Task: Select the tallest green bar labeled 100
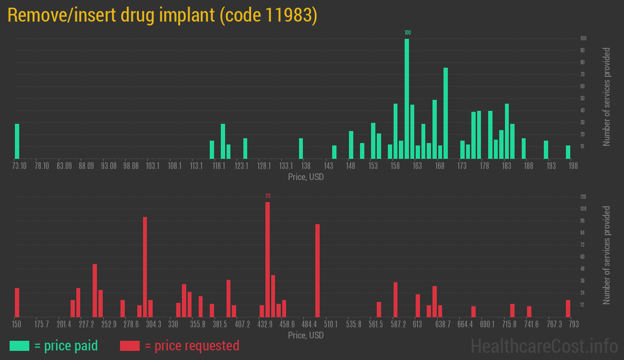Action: tap(407, 98)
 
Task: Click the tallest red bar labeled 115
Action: tap(267, 259)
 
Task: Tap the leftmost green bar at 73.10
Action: tap(17, 141)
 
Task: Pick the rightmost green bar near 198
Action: tap(568, 152)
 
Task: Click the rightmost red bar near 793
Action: tap(568, 308)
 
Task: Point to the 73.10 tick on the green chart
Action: tap(20, 166)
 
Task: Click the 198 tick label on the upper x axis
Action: tap(573, 166)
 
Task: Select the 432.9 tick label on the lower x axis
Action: tap(264, 324)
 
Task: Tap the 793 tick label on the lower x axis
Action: tap(573, 324)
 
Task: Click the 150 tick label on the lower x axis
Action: tap(17, 324)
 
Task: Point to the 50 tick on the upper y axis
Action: tap(583, 98)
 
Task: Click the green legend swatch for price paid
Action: tap(19, 346)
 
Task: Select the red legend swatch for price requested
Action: tap(130, 346)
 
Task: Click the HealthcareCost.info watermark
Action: tap(544, 346)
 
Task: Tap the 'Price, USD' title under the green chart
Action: tap(306, 177)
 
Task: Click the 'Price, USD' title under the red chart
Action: tap(306, 335)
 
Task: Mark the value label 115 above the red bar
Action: tap(268, 196)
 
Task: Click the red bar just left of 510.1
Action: tap(317, 270)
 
